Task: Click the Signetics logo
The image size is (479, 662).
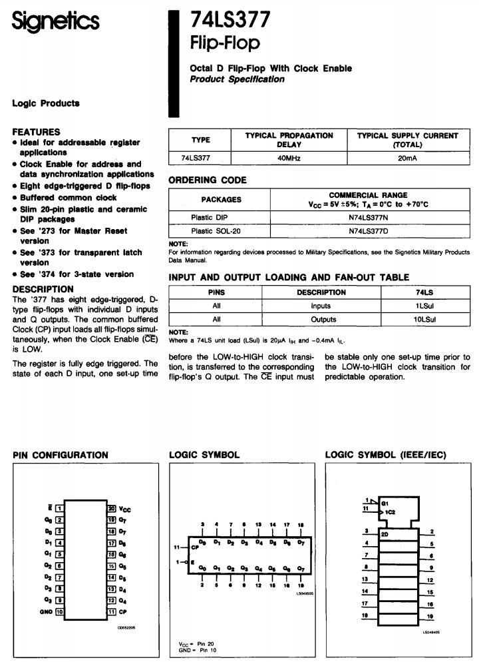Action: (x=55, y=22)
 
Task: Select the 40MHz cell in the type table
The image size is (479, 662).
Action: (x=289, y=159)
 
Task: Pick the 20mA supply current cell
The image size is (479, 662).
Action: (x=407, y=159)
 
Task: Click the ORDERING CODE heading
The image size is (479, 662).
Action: (x=208, y=180)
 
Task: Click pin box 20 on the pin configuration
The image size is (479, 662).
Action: (x=112, y=508)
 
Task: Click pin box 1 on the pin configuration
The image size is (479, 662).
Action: (x=59, y=508)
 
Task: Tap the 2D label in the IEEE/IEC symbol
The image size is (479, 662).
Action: (x=385, y=534)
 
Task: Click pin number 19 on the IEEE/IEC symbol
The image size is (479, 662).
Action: (x=431, y=617)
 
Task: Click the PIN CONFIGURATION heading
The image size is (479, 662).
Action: (x=61, y=455)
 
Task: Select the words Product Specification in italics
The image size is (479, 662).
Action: (x=237, y=79)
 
